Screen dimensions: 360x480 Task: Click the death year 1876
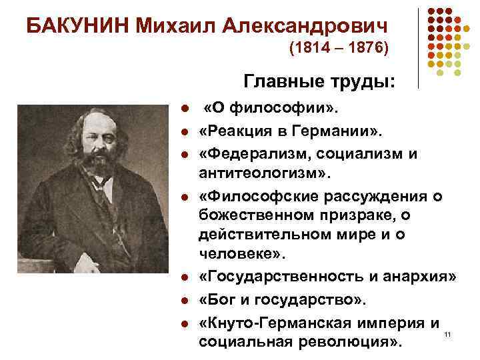363,49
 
